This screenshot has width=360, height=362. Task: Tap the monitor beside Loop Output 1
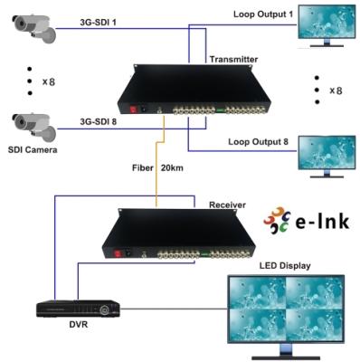click(329, 29)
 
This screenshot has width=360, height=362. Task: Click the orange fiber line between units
click(162, 172)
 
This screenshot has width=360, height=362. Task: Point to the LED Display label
click(285, 266)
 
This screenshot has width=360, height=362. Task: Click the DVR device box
click(78, 309)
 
